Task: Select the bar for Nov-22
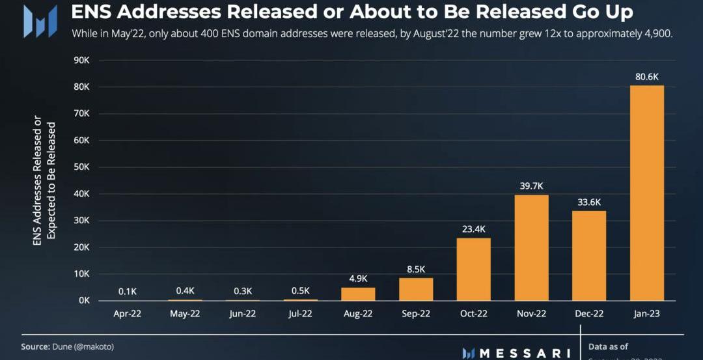point(532,247)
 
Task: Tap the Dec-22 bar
point(589,255)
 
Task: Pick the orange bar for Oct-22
point(474,269)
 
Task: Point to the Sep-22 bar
point(416,289)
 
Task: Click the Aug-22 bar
point(358,294)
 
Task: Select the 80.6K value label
point(647,77)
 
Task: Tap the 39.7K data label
point(532,187)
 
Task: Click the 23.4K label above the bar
point(474,229)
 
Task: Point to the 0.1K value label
point(128,291)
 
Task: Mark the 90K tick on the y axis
point(81,60)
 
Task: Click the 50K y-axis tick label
point(81,167)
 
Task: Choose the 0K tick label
point(84,301)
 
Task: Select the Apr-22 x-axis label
point(128,314)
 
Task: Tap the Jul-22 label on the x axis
point(300,314)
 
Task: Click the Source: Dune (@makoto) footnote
point(62,347)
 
